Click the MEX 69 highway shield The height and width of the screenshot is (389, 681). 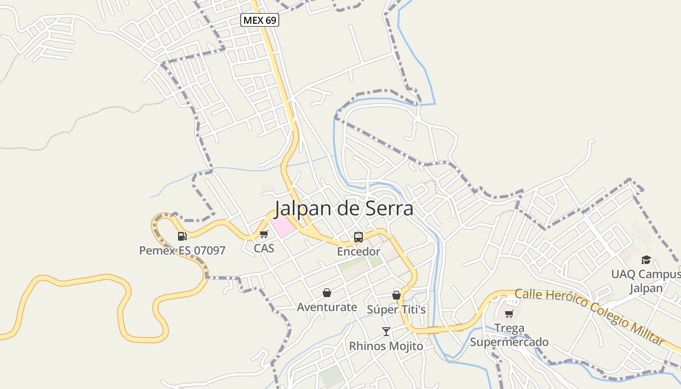point(260,20)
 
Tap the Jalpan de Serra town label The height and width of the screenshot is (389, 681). point(344,209)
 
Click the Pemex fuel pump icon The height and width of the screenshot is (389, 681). point(182,236)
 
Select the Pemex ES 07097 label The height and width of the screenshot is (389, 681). point(182,250)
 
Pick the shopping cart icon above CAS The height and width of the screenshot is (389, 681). point(264,234)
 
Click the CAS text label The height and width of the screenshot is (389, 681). point(264,248)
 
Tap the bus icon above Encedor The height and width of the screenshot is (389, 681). point(358,237)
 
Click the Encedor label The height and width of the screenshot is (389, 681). point(358,251)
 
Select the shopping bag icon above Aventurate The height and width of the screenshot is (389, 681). point(327,293)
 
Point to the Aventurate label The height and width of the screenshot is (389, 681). point(327,307)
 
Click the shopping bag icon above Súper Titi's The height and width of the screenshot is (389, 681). point(396,295)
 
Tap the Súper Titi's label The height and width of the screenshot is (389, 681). point(396,310)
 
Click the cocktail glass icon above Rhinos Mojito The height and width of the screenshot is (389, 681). point(386,332)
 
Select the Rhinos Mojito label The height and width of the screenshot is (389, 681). point(386,346)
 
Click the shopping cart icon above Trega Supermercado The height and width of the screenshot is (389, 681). point(509,314)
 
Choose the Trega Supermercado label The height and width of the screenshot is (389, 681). point(509,335)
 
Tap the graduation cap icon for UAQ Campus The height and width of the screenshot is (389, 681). point(646,260)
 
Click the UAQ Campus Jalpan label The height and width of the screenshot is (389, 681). point(646,281)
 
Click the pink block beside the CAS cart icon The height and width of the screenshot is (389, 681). point(283,227)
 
